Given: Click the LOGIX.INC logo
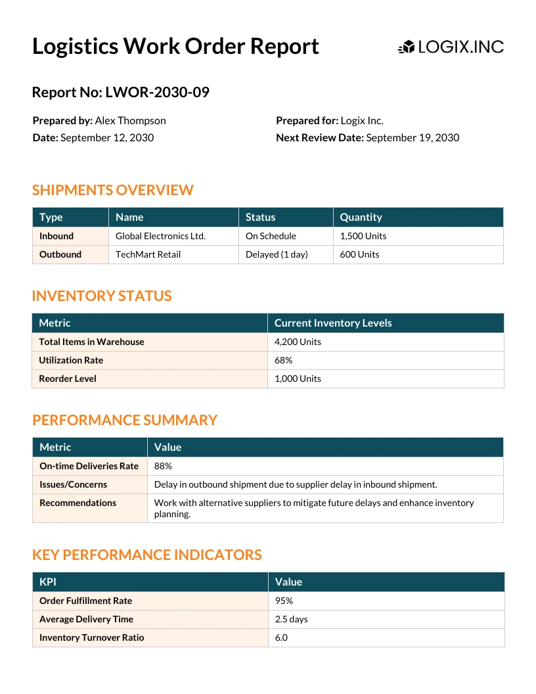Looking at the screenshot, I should [451, 47].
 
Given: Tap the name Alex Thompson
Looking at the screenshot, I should [130, 121].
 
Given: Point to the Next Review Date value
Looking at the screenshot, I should [413, 138].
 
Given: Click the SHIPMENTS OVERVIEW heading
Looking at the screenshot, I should [112, 191].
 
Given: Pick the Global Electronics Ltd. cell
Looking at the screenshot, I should [160, 236].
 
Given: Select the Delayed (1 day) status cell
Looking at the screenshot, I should [277, 254].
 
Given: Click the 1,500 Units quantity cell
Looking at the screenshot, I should [363, 236].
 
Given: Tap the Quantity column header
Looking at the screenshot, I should [361, 218].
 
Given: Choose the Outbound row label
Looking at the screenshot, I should [60, 254].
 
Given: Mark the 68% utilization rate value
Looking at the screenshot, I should [284, 360].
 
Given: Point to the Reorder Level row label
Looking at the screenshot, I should [68, 379].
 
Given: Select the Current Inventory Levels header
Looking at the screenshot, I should [333, 323].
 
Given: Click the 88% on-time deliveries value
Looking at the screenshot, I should [163, 466].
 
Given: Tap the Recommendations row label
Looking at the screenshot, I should [78, 503].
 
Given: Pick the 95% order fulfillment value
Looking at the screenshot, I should [284, 601].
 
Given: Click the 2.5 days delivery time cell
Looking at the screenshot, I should [291, 619].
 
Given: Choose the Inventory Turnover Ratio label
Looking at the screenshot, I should [91, 637].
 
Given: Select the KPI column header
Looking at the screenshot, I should [48, 582].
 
